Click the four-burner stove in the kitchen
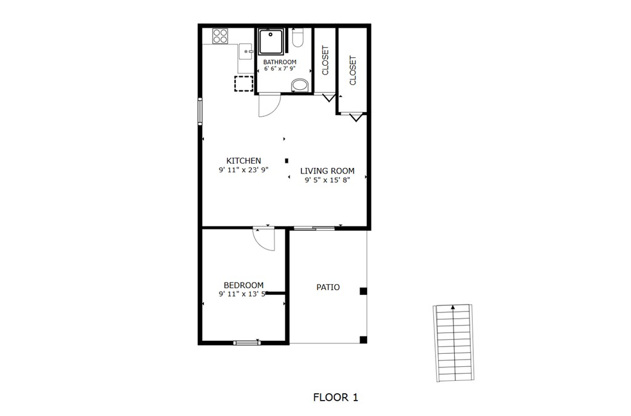click(x=220, y=36)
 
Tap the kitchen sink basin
click(x=245, y=52)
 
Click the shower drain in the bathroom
click(x=271, y=34)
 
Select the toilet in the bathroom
click(x=298, y=38)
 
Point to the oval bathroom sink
click(x=300, y=85)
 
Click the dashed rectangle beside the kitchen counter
click(x=244, y=84)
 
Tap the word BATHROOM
click(x=280, y=62)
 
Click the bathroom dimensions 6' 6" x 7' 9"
click(x=280, y=69)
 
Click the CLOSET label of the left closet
click(x=325, y=60)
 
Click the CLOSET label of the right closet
click(x=352, y=70)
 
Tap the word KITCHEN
click(x=243, y=161)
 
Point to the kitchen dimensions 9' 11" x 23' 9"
click(x=243, y=170)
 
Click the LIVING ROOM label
click(x=327, y=171)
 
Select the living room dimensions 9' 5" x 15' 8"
click(x=327, y=180)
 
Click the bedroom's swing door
click(x=264, y=239)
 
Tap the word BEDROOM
click(x=243, y=286)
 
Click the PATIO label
click(x=328, y=287)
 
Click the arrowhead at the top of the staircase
click(x=453, y=308)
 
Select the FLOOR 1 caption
click(x=336, y=398)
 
